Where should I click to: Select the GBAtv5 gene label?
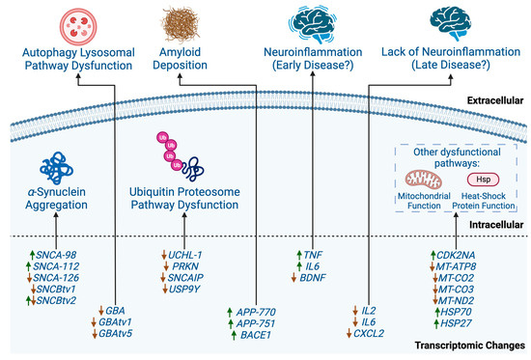130,333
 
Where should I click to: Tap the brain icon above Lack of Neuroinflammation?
454,21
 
